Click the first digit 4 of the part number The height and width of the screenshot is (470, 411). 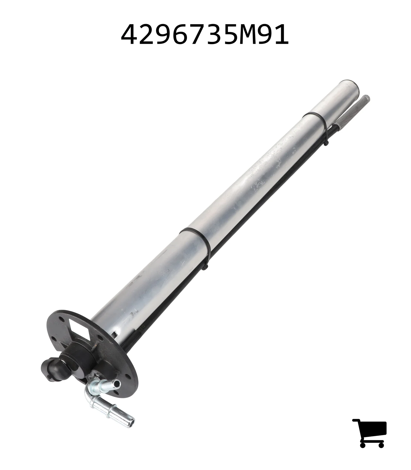130,35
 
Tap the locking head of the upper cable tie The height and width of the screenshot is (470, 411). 327,143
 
